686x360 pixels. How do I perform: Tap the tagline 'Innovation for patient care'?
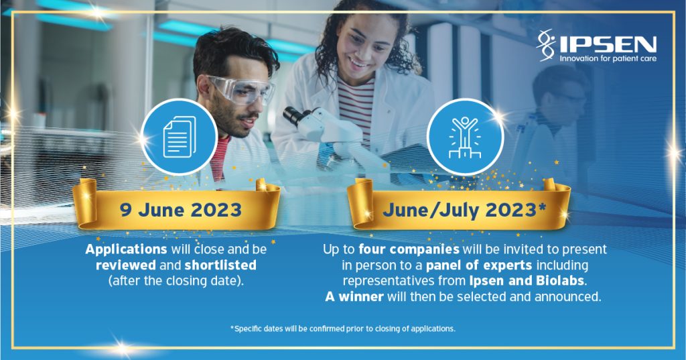point(608,58)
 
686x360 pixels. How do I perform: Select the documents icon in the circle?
point(180,137)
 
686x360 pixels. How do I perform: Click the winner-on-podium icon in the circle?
point(465,137)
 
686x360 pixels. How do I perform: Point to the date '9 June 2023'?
point(181,210)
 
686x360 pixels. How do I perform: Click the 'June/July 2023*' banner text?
point(464,211)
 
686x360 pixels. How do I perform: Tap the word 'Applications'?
point(126,249)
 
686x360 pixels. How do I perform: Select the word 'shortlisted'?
point(220,265)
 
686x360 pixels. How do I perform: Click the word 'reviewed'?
point(125,265)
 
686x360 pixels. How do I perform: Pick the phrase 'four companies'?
point(409,249)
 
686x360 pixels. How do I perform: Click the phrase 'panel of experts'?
point(478,265)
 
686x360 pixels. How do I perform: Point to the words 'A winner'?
point(354,296)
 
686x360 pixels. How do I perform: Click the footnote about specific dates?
point(342,328)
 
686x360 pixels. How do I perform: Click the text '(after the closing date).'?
point(176,281)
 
